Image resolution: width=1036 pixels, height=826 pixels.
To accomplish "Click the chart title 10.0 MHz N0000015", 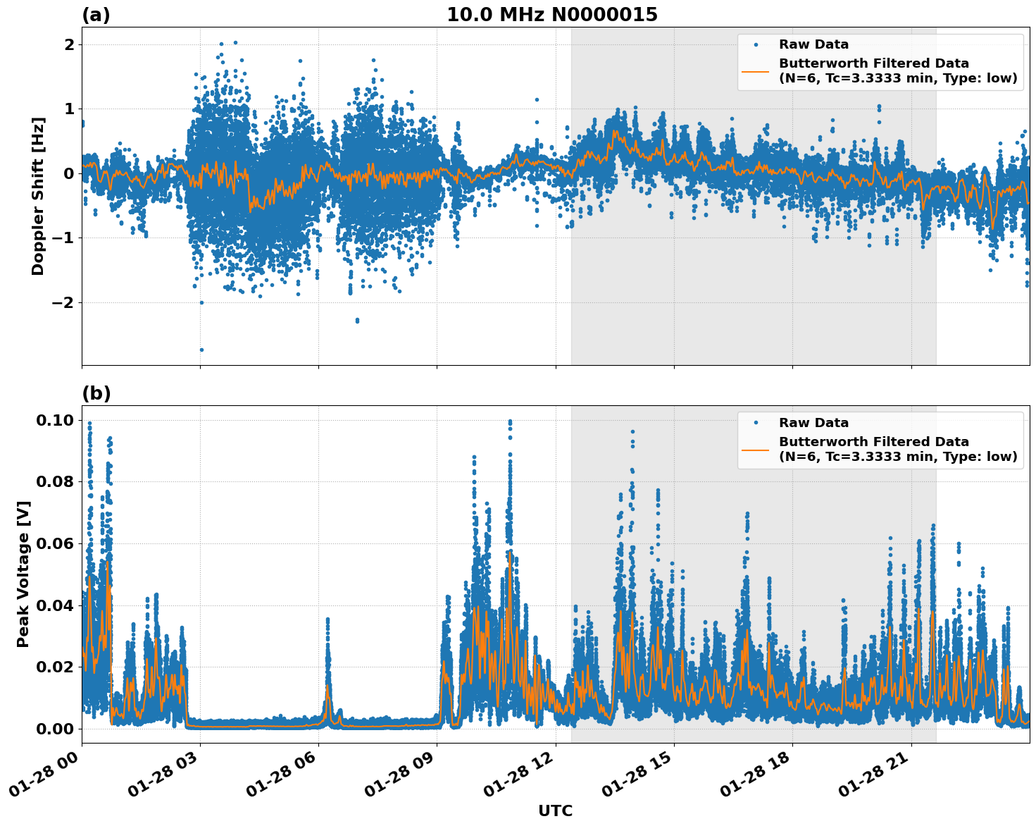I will click(x=551, y=15).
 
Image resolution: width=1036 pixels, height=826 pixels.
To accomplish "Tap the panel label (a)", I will click(x=96, y=15).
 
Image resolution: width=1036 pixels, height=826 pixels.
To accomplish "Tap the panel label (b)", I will click(x=96, y=393).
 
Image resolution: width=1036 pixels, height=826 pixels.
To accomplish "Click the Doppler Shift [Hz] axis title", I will click(x=38, y=196).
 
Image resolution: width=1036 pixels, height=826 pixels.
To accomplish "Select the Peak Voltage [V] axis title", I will click(x=23, y=574).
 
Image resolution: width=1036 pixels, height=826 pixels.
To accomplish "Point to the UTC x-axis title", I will click(x=555, y=810).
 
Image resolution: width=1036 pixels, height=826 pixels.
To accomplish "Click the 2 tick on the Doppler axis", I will click(x=69, y=44).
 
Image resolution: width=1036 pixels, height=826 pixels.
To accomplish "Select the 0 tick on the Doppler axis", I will click(x=69, y=173).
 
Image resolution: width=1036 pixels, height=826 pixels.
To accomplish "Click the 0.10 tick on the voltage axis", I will click(x=55, y=420).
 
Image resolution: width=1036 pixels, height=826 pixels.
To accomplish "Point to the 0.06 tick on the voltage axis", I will click(x=55, y=543).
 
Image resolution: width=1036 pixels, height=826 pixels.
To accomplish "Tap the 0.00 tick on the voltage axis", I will click(x=55, y=729).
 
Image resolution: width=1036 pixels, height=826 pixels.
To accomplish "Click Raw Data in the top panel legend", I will click(x=813, y=44).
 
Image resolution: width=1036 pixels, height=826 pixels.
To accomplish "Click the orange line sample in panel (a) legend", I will click(x=755, y=71).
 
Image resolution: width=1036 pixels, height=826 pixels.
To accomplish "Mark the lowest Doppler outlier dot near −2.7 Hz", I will click(x=201, y=350).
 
